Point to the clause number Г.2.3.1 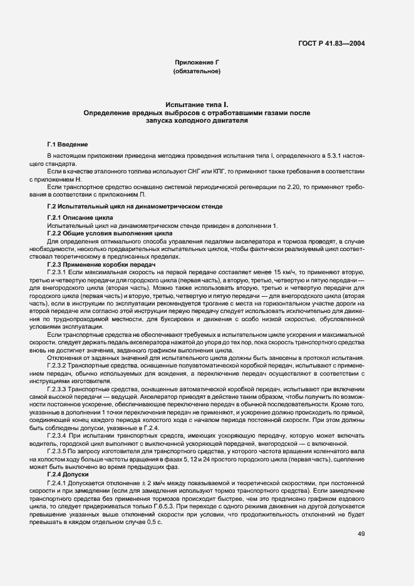(x=57, y=274)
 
